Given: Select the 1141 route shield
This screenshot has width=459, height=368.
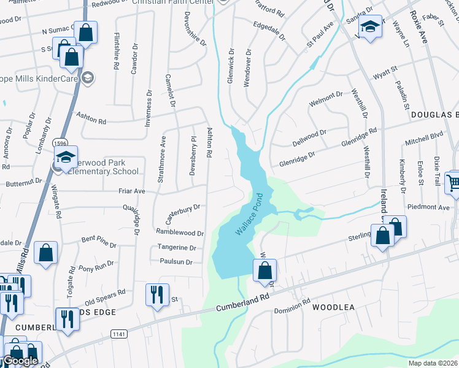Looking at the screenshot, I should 118,334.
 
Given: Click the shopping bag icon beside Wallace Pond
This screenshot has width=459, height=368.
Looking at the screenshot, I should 264,270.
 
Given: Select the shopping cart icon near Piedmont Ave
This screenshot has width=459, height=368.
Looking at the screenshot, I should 453,182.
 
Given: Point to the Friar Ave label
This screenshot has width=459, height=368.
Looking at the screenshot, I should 131,191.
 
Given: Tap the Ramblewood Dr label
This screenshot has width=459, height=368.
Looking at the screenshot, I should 180,233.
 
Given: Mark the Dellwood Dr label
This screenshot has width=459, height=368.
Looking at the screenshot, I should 309,134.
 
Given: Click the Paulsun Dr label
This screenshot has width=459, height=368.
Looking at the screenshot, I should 176,262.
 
